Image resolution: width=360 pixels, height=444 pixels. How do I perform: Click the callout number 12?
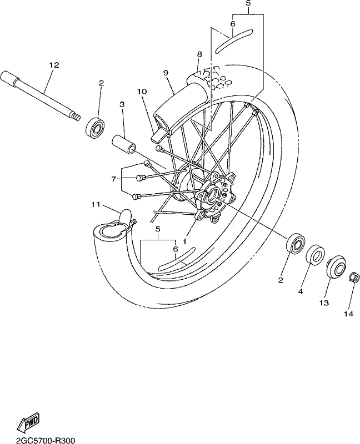coord(54,65)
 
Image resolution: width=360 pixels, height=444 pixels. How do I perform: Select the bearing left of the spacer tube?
coord(96,127)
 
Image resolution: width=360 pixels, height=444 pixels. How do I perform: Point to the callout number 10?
coord(142,92)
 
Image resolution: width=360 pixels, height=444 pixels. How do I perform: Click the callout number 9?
coord(166,73)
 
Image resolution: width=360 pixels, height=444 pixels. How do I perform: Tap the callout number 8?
coord(199,54)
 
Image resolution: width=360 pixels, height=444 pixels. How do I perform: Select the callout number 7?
coord(114,179)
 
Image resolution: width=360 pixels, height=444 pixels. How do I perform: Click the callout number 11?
coord(96,204)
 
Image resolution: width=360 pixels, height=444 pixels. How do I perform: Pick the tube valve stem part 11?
coord(127,218)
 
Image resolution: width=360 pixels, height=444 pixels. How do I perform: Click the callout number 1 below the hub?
coord(184,241)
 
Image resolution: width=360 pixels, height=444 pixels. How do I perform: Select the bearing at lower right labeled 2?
coord(296,243)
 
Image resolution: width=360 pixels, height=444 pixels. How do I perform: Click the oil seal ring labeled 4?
coord(315,255)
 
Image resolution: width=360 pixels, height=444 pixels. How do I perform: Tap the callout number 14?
coord(349,314)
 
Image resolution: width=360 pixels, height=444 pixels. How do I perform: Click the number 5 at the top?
coord(248,4)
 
